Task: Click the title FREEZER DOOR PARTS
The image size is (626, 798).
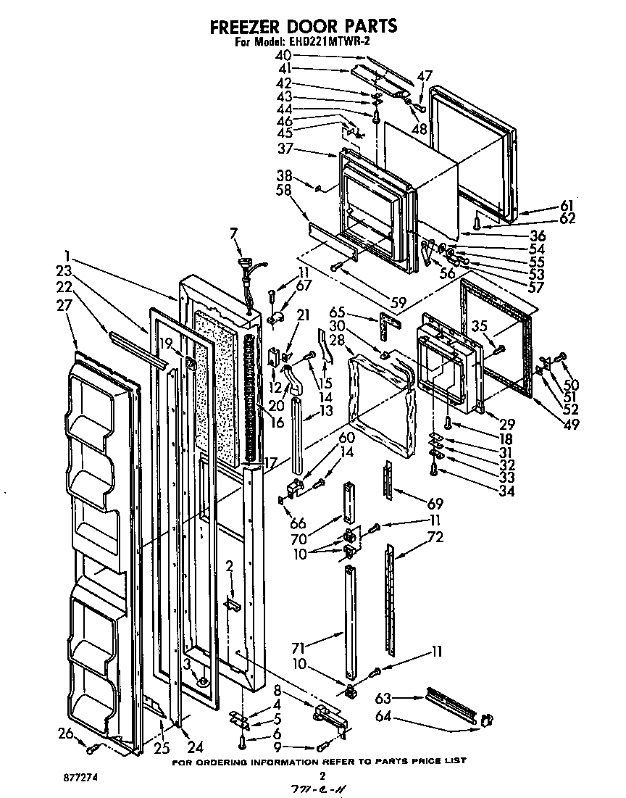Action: pos(303,26)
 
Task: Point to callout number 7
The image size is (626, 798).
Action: pos(233,233)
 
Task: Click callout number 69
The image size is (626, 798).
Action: pos(435,502)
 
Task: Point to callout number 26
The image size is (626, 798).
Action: pos(67,733)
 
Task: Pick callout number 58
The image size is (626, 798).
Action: pos(285,189)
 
